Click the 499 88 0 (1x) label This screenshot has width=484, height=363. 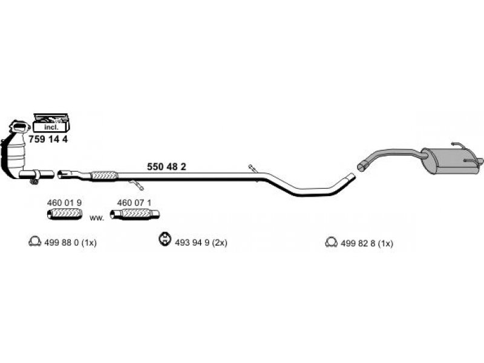pyautogui.click(x=71, y=243)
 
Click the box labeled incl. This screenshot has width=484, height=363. pyautogui.click(x=51, y=126)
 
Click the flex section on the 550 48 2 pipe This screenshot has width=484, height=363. pyautogui.click(x=103, y=176)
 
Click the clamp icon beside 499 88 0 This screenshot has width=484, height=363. pyautogui.click(x=34, y=243)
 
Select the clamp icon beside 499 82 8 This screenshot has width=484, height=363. pyautogui.click(x=331, y=243)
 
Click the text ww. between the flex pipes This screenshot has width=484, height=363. pyautogui.click(x=97, y=217)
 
